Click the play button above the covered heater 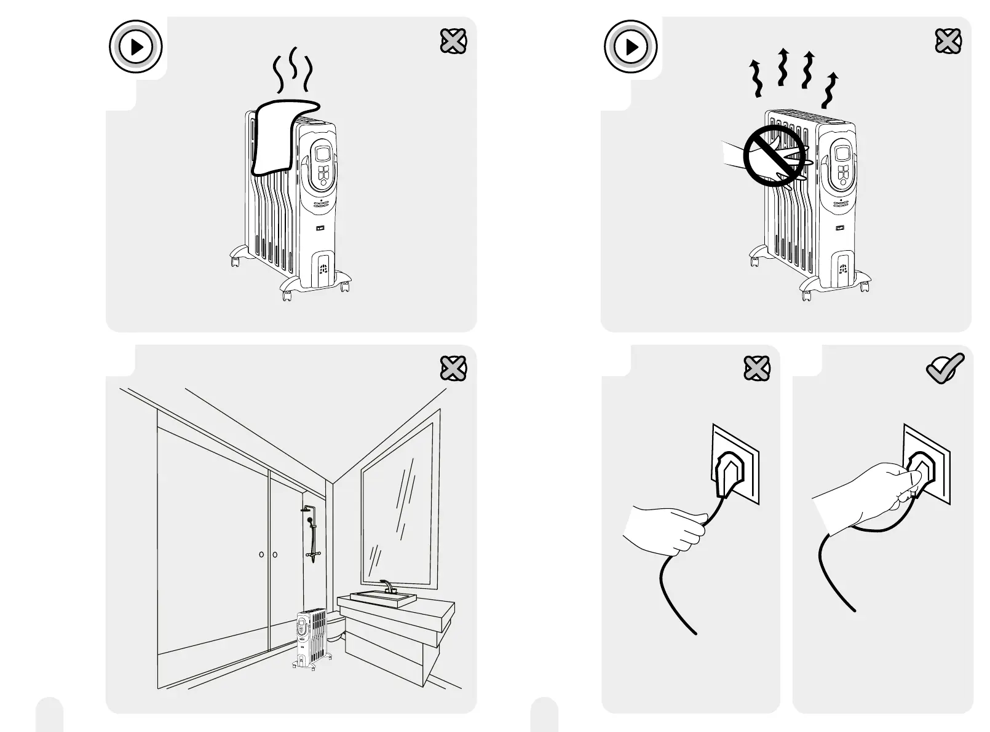[x=136, y=47]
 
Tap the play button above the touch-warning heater [x=631, y=47]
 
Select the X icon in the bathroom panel [x=453, y=368]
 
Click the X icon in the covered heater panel [x=453, y=41]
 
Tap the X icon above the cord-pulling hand [x=756, y=368]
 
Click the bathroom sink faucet [x=387, y=585]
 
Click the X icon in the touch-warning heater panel [x=948, y=41]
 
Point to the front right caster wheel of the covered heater [x=344, y=286]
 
